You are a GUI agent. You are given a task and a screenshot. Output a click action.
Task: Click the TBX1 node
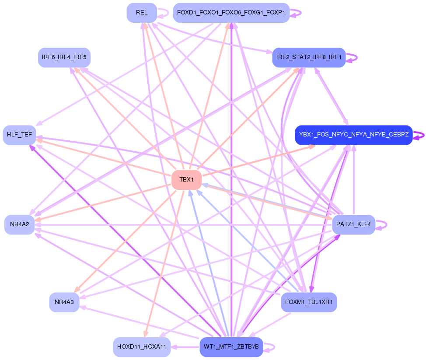(x=186, y=180)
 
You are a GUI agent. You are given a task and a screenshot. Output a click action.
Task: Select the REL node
(x=142, y=13)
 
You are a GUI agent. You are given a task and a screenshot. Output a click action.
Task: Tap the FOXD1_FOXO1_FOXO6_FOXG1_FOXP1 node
(x=231, y=13)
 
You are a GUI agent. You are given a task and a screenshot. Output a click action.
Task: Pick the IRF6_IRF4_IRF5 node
(x=64, y=57)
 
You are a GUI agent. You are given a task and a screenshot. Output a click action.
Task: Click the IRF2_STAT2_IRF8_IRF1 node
(x=309, y=57)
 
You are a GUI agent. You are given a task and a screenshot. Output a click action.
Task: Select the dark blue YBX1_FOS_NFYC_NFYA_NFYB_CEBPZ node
(x=354, y=135)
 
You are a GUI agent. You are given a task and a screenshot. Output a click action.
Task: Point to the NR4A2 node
(x=20, y=224)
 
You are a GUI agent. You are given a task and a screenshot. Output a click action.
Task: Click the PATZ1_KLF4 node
(x=354, y=224)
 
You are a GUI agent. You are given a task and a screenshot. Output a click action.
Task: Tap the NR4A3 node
(x=64, y=302)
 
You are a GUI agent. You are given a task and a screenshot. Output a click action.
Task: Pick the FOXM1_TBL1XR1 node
(x=309, y=302)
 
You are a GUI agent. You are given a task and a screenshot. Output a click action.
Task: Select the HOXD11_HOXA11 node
(x=142, y=347)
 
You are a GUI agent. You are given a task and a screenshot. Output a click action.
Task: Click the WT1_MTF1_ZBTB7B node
(x=231, y=347)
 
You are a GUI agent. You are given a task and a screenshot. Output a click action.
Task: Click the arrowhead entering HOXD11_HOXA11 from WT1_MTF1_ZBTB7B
(x=174, y=347)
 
